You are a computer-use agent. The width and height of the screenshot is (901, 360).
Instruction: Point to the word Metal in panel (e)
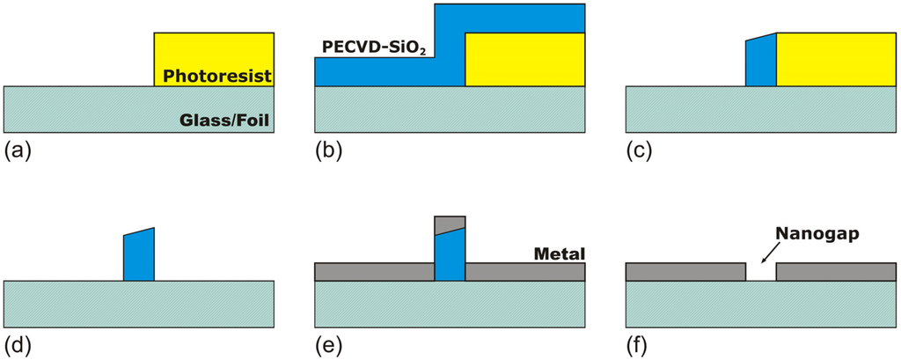[x=560, y=254]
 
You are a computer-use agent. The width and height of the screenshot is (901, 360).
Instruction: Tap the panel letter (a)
[x=18, y=150]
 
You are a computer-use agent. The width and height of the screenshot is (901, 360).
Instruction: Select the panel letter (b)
[x=329, y=150]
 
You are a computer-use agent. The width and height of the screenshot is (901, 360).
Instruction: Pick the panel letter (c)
[x=639, y=150]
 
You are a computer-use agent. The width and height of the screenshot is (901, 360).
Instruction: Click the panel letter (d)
[x=18, y=344]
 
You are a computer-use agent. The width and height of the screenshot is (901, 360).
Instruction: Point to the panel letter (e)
[x=329, y=344]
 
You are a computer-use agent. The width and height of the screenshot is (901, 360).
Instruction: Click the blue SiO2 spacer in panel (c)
[x=760, y=62]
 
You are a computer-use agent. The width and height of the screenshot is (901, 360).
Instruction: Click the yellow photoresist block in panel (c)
[x=835, y=60]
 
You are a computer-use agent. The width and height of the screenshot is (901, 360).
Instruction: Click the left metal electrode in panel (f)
[x=685, y=271]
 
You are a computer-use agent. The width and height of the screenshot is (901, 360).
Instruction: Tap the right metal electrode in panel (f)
[x=835, y=271]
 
